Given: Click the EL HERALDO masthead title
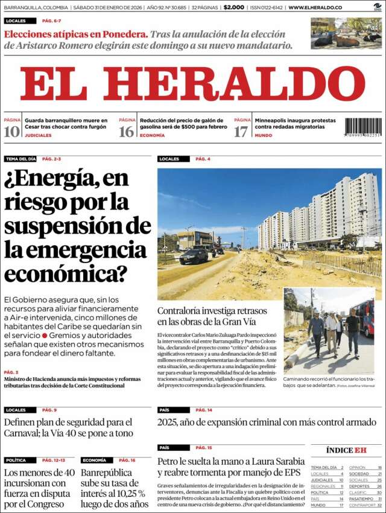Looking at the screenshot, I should coord(192,84).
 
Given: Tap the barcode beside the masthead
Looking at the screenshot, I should coord(363,127).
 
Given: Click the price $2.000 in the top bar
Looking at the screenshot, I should coord(233,7).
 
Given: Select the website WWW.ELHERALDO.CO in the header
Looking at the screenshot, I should coord(315,7).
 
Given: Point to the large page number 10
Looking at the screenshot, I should coord(11,132).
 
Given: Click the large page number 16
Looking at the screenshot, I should coord(127,132).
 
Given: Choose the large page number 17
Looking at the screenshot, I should coord(241,132).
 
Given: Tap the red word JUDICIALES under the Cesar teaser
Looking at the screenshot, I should coord(38,135).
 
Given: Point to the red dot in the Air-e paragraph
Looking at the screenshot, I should coord(45,334).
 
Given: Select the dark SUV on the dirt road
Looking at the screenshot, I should coord(194,256).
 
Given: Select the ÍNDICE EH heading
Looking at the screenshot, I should coord(346,450).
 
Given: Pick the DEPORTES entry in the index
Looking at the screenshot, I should coord(359,486).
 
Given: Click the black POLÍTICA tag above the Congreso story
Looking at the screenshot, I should coord(16,460).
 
